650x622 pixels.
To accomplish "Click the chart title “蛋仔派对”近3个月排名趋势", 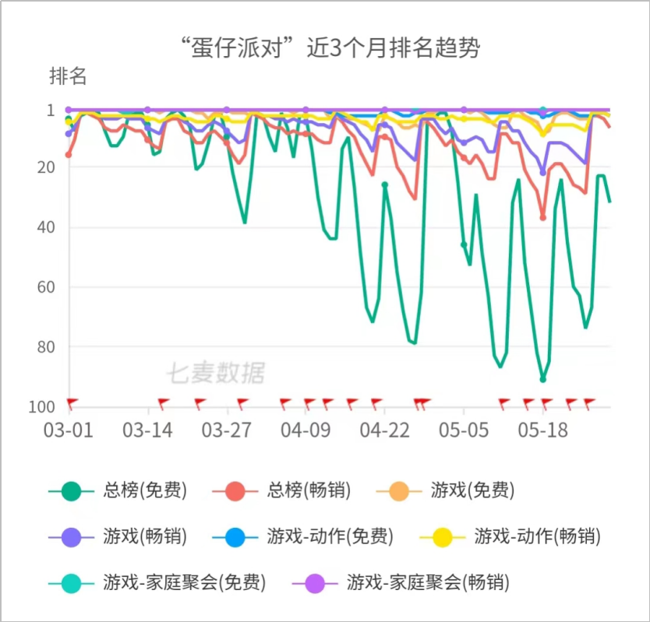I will [x=325, y=48].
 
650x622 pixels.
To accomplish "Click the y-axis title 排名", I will [x=68, y=76].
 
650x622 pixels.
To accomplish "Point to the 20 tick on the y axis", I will [x=44, y=167].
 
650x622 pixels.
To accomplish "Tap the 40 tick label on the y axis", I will [x=44, y=227].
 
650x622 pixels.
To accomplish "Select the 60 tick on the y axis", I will [x=44, y=286].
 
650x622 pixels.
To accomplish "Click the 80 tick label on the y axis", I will [x=44, y=346].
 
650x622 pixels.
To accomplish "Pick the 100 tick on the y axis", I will [x=41, y=406].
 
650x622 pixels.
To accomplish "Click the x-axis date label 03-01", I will [x=68, y=430].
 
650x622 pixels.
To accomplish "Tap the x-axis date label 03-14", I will [x=147, y=430].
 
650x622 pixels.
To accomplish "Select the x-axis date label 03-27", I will [x=226, y=430].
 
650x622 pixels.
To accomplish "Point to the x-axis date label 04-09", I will [x=306, y=430].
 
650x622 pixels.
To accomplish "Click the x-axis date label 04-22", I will [x=384, y=430].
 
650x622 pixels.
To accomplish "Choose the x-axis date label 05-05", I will [x=464, y=430].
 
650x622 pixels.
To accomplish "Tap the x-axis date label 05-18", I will [x=542, y=430].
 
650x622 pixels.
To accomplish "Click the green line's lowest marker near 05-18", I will [x=543, y=378].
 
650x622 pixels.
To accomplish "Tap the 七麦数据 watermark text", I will [x=215, y=374].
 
